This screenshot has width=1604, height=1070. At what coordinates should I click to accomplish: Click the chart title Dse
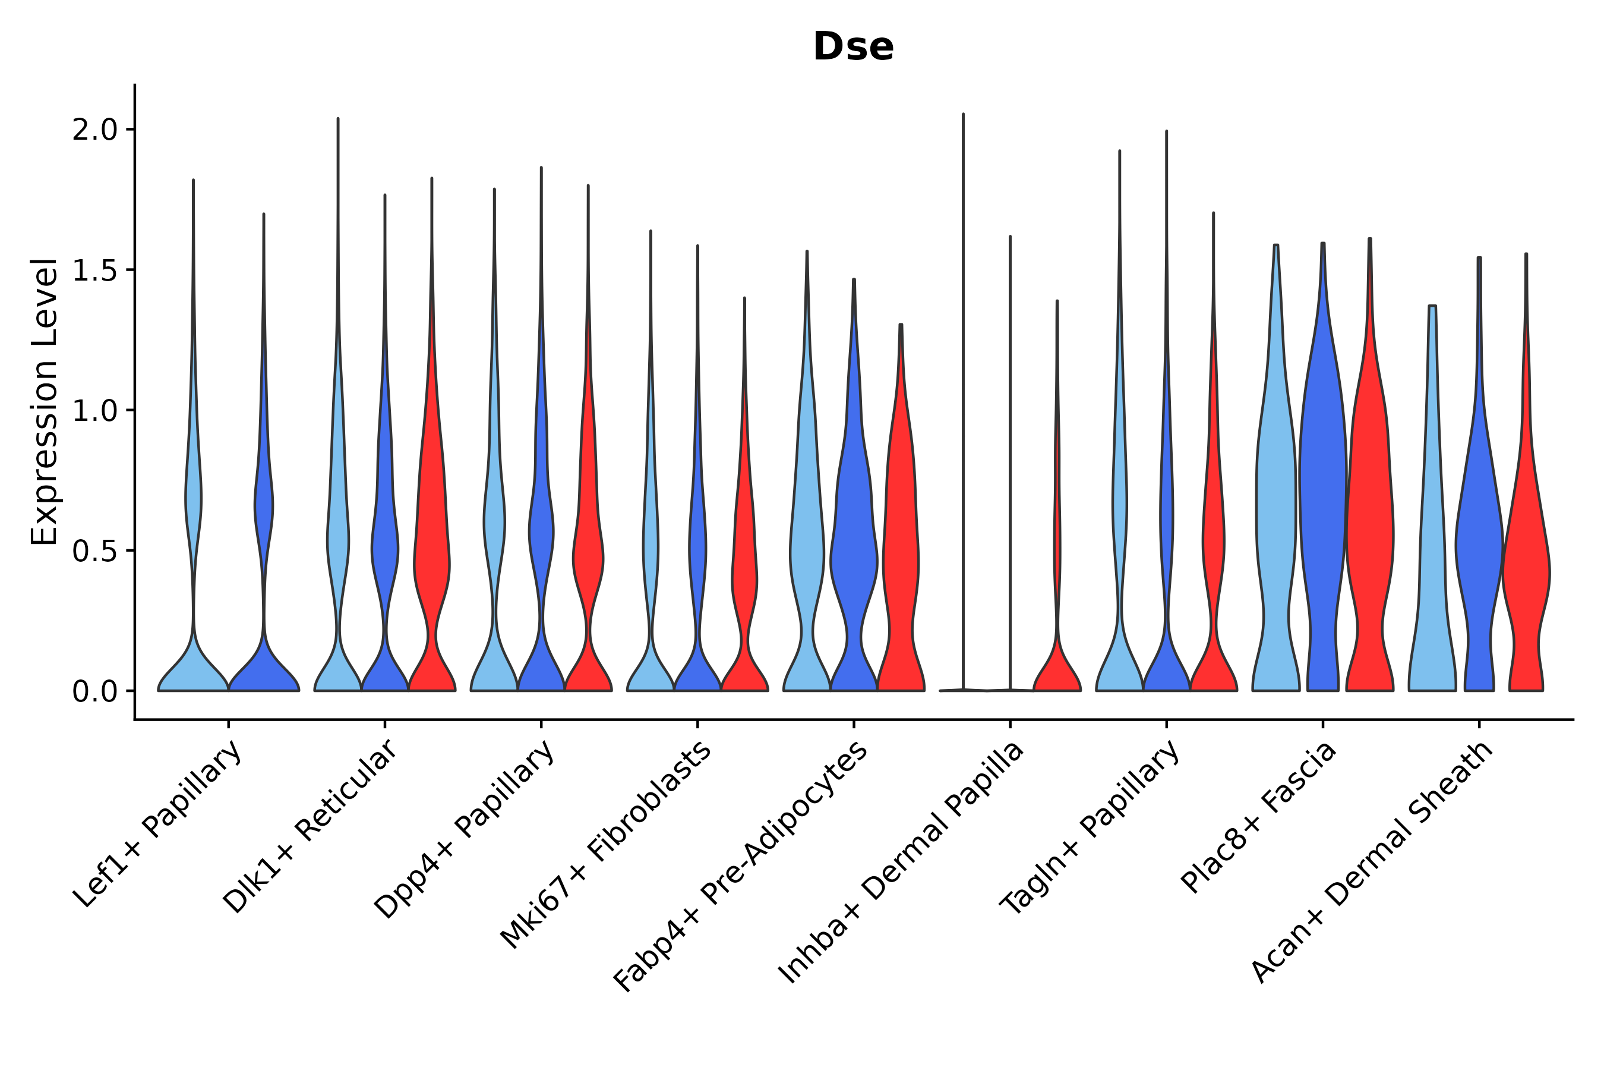[x=852, y=47]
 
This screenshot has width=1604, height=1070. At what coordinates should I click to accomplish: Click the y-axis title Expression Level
[x=45, y=401]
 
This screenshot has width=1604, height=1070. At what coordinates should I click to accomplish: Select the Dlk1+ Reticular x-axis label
[x=310, y=827]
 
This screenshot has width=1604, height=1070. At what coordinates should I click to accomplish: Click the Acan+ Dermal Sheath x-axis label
[x=1372, y=863]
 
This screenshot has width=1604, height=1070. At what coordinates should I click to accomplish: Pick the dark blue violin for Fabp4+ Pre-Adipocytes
[x=853, y=546]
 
